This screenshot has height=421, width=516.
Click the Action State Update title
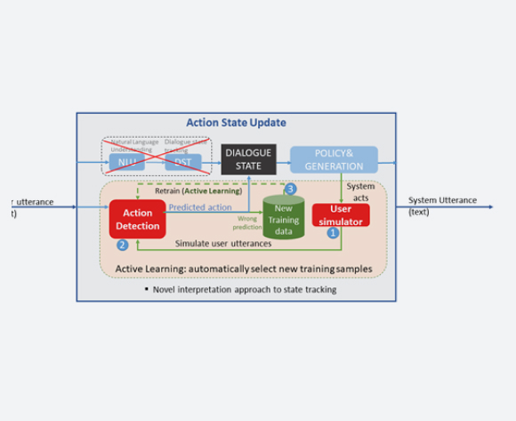[236, 123]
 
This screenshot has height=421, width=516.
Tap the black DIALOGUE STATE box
[248, 158]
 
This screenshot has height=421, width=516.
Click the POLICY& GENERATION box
[334, 159]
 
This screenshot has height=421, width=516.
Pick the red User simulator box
[341, 215]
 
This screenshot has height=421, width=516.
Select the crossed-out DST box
[182, 161]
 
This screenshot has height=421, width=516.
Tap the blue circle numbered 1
[334, 232]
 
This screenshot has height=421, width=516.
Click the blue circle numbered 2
[124, 246]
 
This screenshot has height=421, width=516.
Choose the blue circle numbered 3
[290, 189]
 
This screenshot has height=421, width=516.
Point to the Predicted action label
[199, 207]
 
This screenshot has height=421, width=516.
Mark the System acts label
[360, 192]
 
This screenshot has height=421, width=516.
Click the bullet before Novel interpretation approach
[145, 289]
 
